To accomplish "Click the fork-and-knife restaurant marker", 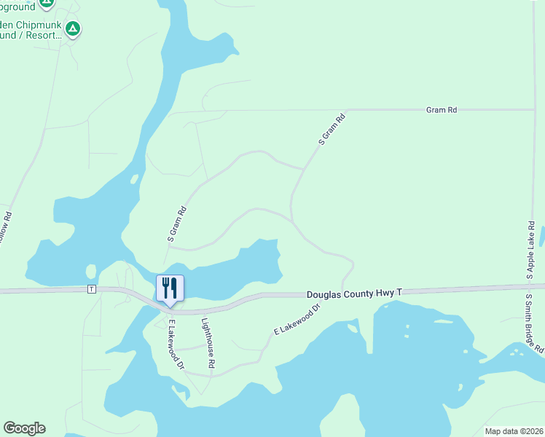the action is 170,288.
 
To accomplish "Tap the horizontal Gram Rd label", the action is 442,110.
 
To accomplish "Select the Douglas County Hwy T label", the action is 354,293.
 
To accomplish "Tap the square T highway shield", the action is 91,289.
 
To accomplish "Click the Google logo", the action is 24,428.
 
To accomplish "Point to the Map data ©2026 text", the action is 514,431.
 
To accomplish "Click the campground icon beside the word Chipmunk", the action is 72,29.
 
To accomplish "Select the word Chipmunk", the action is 40,24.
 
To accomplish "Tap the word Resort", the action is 47,34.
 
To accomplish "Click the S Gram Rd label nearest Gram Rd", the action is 331,130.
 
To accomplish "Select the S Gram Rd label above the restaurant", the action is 177,224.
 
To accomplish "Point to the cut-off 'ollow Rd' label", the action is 6,229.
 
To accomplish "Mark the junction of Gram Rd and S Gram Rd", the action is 345,110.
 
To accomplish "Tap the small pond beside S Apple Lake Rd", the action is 542,236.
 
